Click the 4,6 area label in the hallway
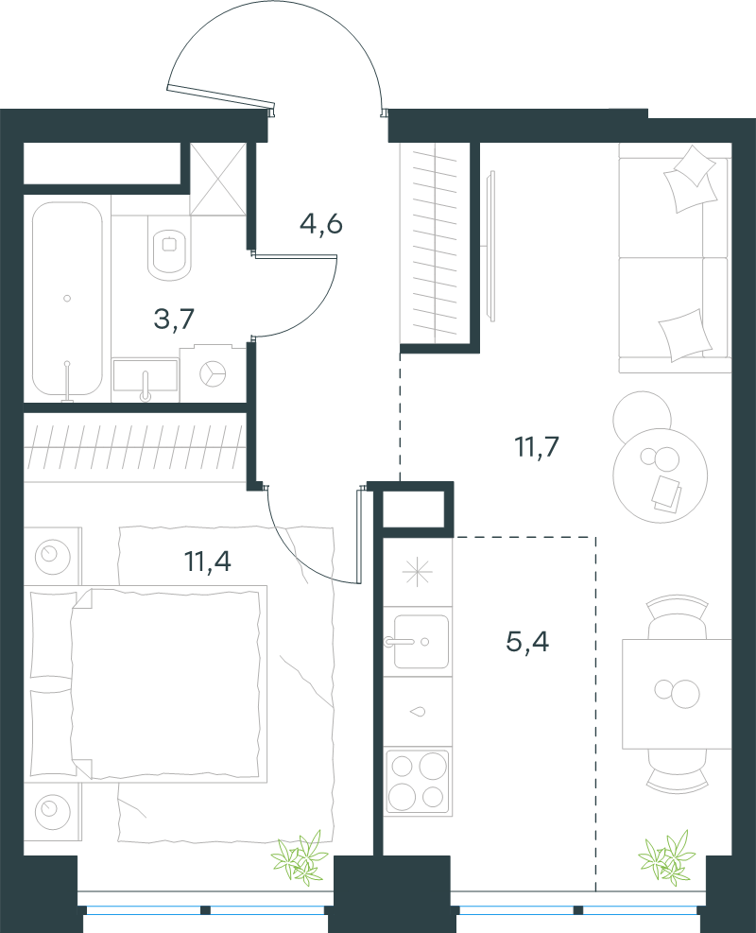tap(321, 224)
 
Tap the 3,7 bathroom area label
tap(174, 319)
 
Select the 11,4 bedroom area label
tap(208, 562)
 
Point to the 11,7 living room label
tap(537, 446)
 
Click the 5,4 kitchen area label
tap(527, 642)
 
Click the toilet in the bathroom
tap(169, 248)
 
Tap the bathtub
tap(67, 299)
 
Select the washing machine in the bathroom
tap(213, 372)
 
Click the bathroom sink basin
tap(146, 376)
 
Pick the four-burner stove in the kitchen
tap(418, 781)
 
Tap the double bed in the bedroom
tap(146, 683)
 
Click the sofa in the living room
tap(675, 258)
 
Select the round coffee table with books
tap(661, 475)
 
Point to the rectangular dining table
tap(677, 694)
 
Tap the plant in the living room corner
tap(667, 857)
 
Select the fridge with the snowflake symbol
tap(418, 572)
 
